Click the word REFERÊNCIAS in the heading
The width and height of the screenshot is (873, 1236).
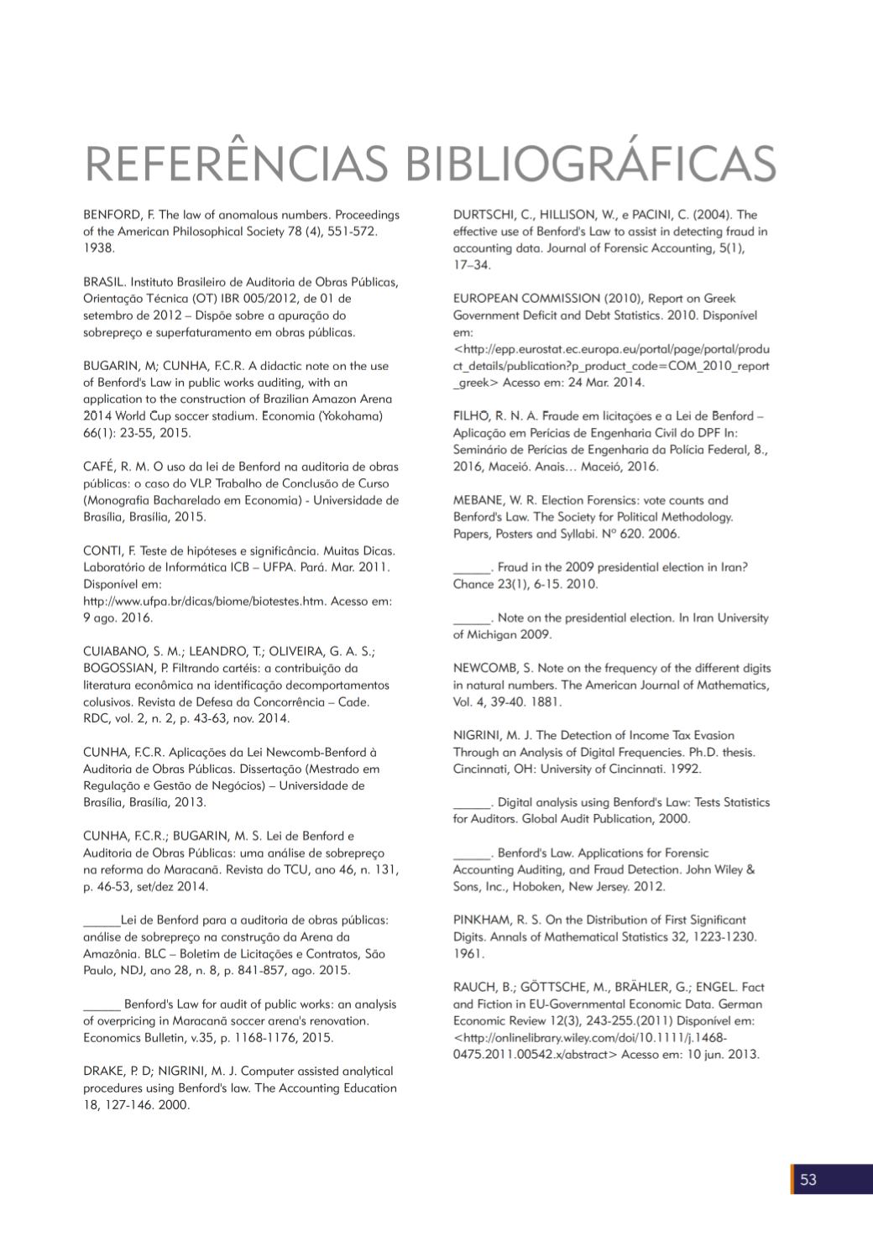click(x=236, y=163)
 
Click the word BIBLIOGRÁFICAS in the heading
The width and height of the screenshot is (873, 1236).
click(x=591, y=163)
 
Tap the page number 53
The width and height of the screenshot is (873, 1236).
click(x=808, y=1180)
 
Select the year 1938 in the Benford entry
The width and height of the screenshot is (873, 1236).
click(x=98, y=248)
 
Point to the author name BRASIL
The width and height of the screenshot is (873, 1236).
click(x=103, y=282)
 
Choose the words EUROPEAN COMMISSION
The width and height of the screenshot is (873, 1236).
click(x=526, y=299)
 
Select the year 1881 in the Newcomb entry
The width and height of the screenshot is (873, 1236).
click(x=546, y=701)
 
